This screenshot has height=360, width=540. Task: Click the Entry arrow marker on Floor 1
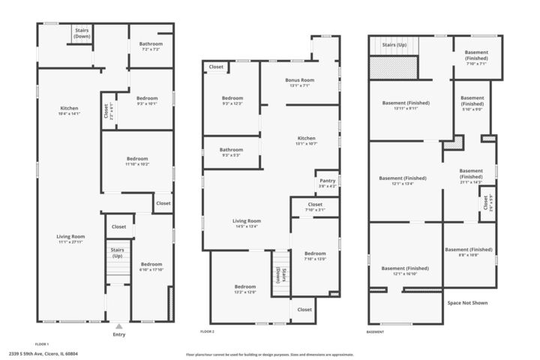118,326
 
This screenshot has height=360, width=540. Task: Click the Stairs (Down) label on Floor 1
82,33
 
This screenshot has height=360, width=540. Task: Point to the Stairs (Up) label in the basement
394,45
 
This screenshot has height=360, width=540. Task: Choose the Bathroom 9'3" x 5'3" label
231,152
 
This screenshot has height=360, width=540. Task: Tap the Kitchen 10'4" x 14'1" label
69,111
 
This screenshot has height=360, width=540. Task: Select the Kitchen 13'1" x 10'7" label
306,141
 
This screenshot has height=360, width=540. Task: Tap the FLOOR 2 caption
208,331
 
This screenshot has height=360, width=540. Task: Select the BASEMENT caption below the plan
375,331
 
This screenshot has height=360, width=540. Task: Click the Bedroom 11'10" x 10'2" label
137,161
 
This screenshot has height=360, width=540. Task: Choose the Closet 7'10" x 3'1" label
315,207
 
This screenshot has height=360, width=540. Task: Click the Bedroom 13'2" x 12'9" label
244,289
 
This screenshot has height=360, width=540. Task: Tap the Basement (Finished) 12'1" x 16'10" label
405,271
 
